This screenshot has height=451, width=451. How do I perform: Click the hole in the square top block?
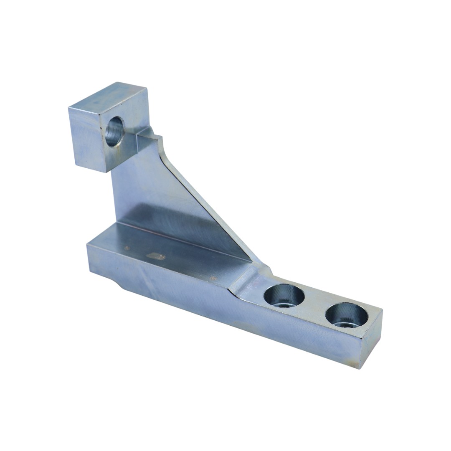[114, 131]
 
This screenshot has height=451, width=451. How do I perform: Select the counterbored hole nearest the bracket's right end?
[347, 315]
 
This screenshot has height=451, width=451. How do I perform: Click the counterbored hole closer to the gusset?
[284, 296]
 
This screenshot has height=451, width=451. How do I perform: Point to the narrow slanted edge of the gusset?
[213, 209]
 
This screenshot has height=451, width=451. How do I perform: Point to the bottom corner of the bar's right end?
[360, 368]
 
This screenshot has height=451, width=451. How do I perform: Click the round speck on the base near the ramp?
[214, 278]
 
